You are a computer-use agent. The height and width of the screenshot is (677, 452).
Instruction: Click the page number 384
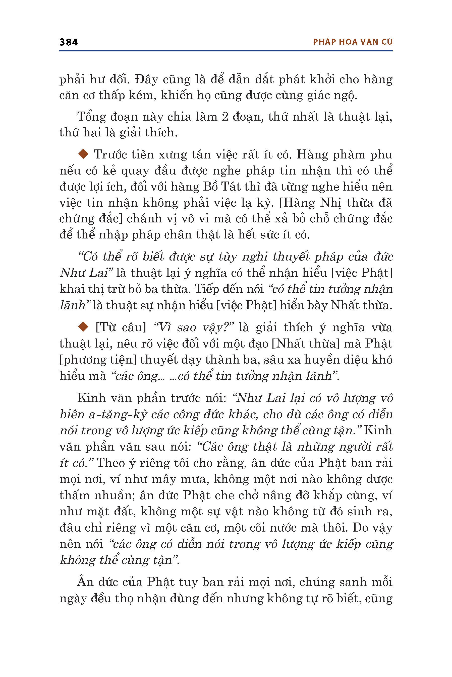pyautogui.click(x=69, y=42)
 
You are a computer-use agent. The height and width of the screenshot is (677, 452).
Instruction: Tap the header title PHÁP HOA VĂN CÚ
pyautogui.click(x=353, y=42)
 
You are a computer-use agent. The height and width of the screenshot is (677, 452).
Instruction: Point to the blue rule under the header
pyautogui.click(x=226, y=51)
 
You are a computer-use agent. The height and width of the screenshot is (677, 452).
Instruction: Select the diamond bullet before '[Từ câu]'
pyautogui.click(x=83, y=326)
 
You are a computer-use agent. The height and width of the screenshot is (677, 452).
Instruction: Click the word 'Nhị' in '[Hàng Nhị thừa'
pyautogui.click(x=331, y=203)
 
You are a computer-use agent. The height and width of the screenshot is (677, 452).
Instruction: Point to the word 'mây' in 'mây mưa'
pyautogui.click(x=164, y=479)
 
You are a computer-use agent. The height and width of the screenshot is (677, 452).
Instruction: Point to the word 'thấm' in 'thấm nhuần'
pyautogui.click(x=74, y=495)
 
